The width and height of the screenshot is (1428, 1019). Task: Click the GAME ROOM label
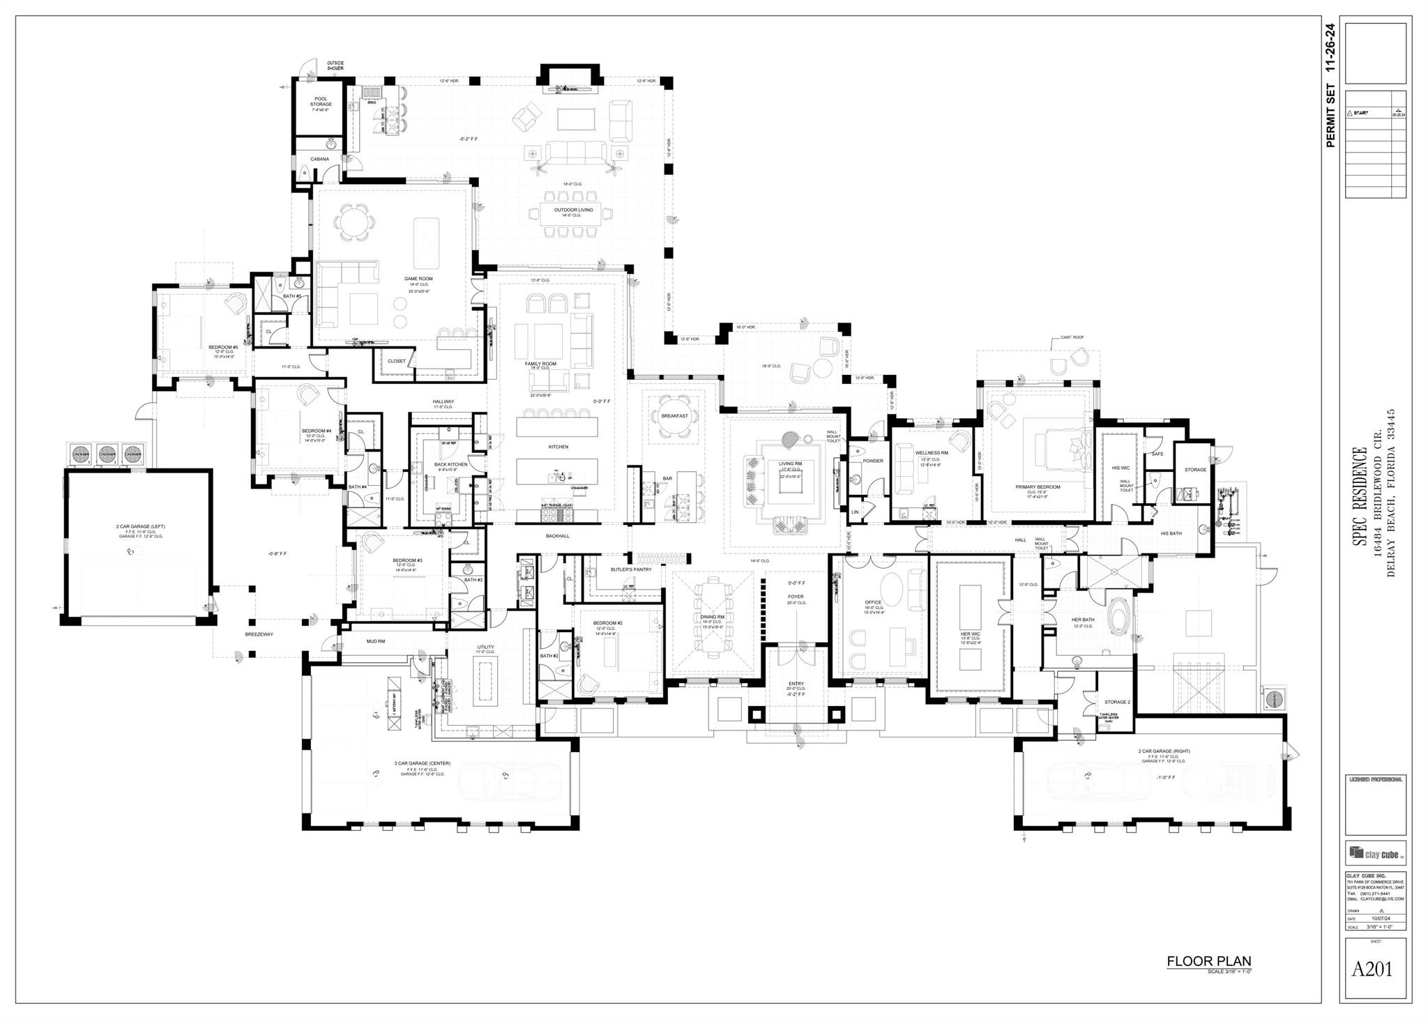pyautogui.click(x=418, y=279)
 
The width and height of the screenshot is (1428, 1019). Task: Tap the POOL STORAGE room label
pyautogui.click(x=321, y=101)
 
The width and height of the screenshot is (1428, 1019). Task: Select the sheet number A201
pyautogui.click(x=1372, y=969)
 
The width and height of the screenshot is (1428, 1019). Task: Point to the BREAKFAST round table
pyautogui.click(x=674, y=415)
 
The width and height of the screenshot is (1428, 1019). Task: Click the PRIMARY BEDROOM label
pyautogui.click(x=1038, y=487)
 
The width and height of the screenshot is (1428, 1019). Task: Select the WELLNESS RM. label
pyautogui.click(x=932, y=453)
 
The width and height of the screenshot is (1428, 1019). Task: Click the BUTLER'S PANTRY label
pyautogui.click(x=631, y=569)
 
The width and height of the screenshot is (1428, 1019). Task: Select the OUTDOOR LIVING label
pyautogui.click(x=573, y=210)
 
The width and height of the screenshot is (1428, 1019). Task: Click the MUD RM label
pyautogui.click(x=376, y=641)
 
